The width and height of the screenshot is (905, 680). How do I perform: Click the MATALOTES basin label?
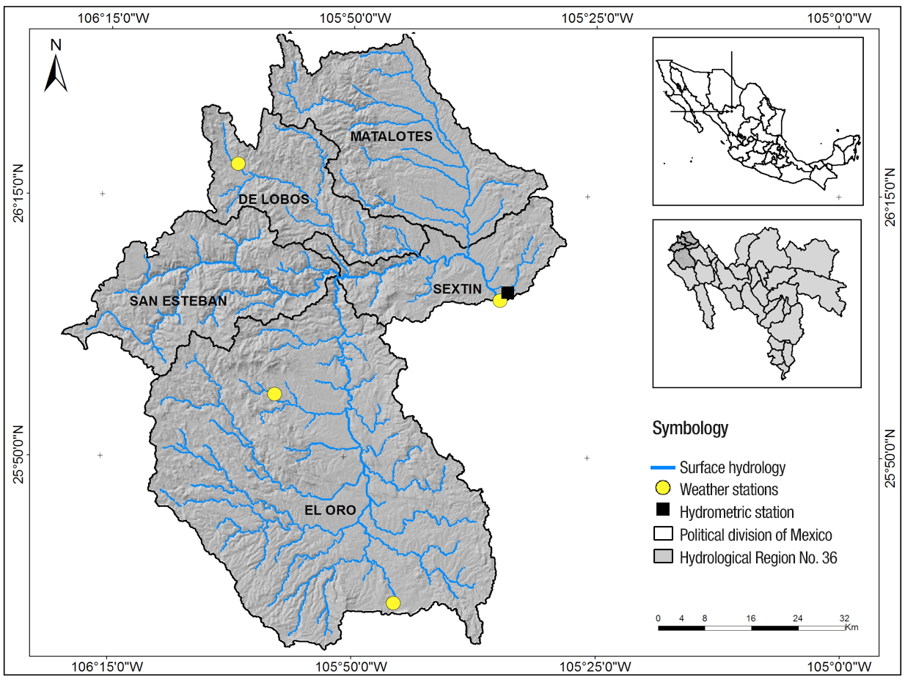pyautogui.click(x=391, y=136)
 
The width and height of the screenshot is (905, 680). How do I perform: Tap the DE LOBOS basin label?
pyautogui.click(x=274, y=200)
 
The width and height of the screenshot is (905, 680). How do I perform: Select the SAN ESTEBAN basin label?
pyautogui.click(x=178, y=301)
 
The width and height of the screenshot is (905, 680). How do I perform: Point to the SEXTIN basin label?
pyautogui.click(x=457, y=289)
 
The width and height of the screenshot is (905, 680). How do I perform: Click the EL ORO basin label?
pyautogui.click(x=329, y=510)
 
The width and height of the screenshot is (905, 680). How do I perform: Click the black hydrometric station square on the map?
pyautogui.click(x=508, y=293)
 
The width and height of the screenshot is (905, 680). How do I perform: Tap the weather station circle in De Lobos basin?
pyautogui.click(x=238, y=164)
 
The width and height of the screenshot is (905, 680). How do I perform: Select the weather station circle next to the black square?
pyautogui.click(x=499, y=300)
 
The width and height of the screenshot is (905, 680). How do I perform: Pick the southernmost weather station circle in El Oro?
pyautogui.click(x=393, y=603)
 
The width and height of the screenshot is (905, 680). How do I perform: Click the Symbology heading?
pyautogui.click(x=690, y=428)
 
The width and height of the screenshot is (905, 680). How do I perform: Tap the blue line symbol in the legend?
pyautogui.click(x=663, y=467)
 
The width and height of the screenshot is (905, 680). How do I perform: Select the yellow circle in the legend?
pyautogui.click(x=663, y=489)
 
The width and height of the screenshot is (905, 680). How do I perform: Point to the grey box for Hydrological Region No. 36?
pyautogui.click(x=663, y=557)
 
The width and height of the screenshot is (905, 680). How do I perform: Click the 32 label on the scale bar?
pyautogui.click(x=844, y=618)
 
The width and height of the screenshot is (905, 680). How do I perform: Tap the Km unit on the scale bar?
pyautogui.click(x=851, y=627)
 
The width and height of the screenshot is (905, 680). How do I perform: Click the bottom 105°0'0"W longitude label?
pyautogui.click(x=842, y=666)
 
